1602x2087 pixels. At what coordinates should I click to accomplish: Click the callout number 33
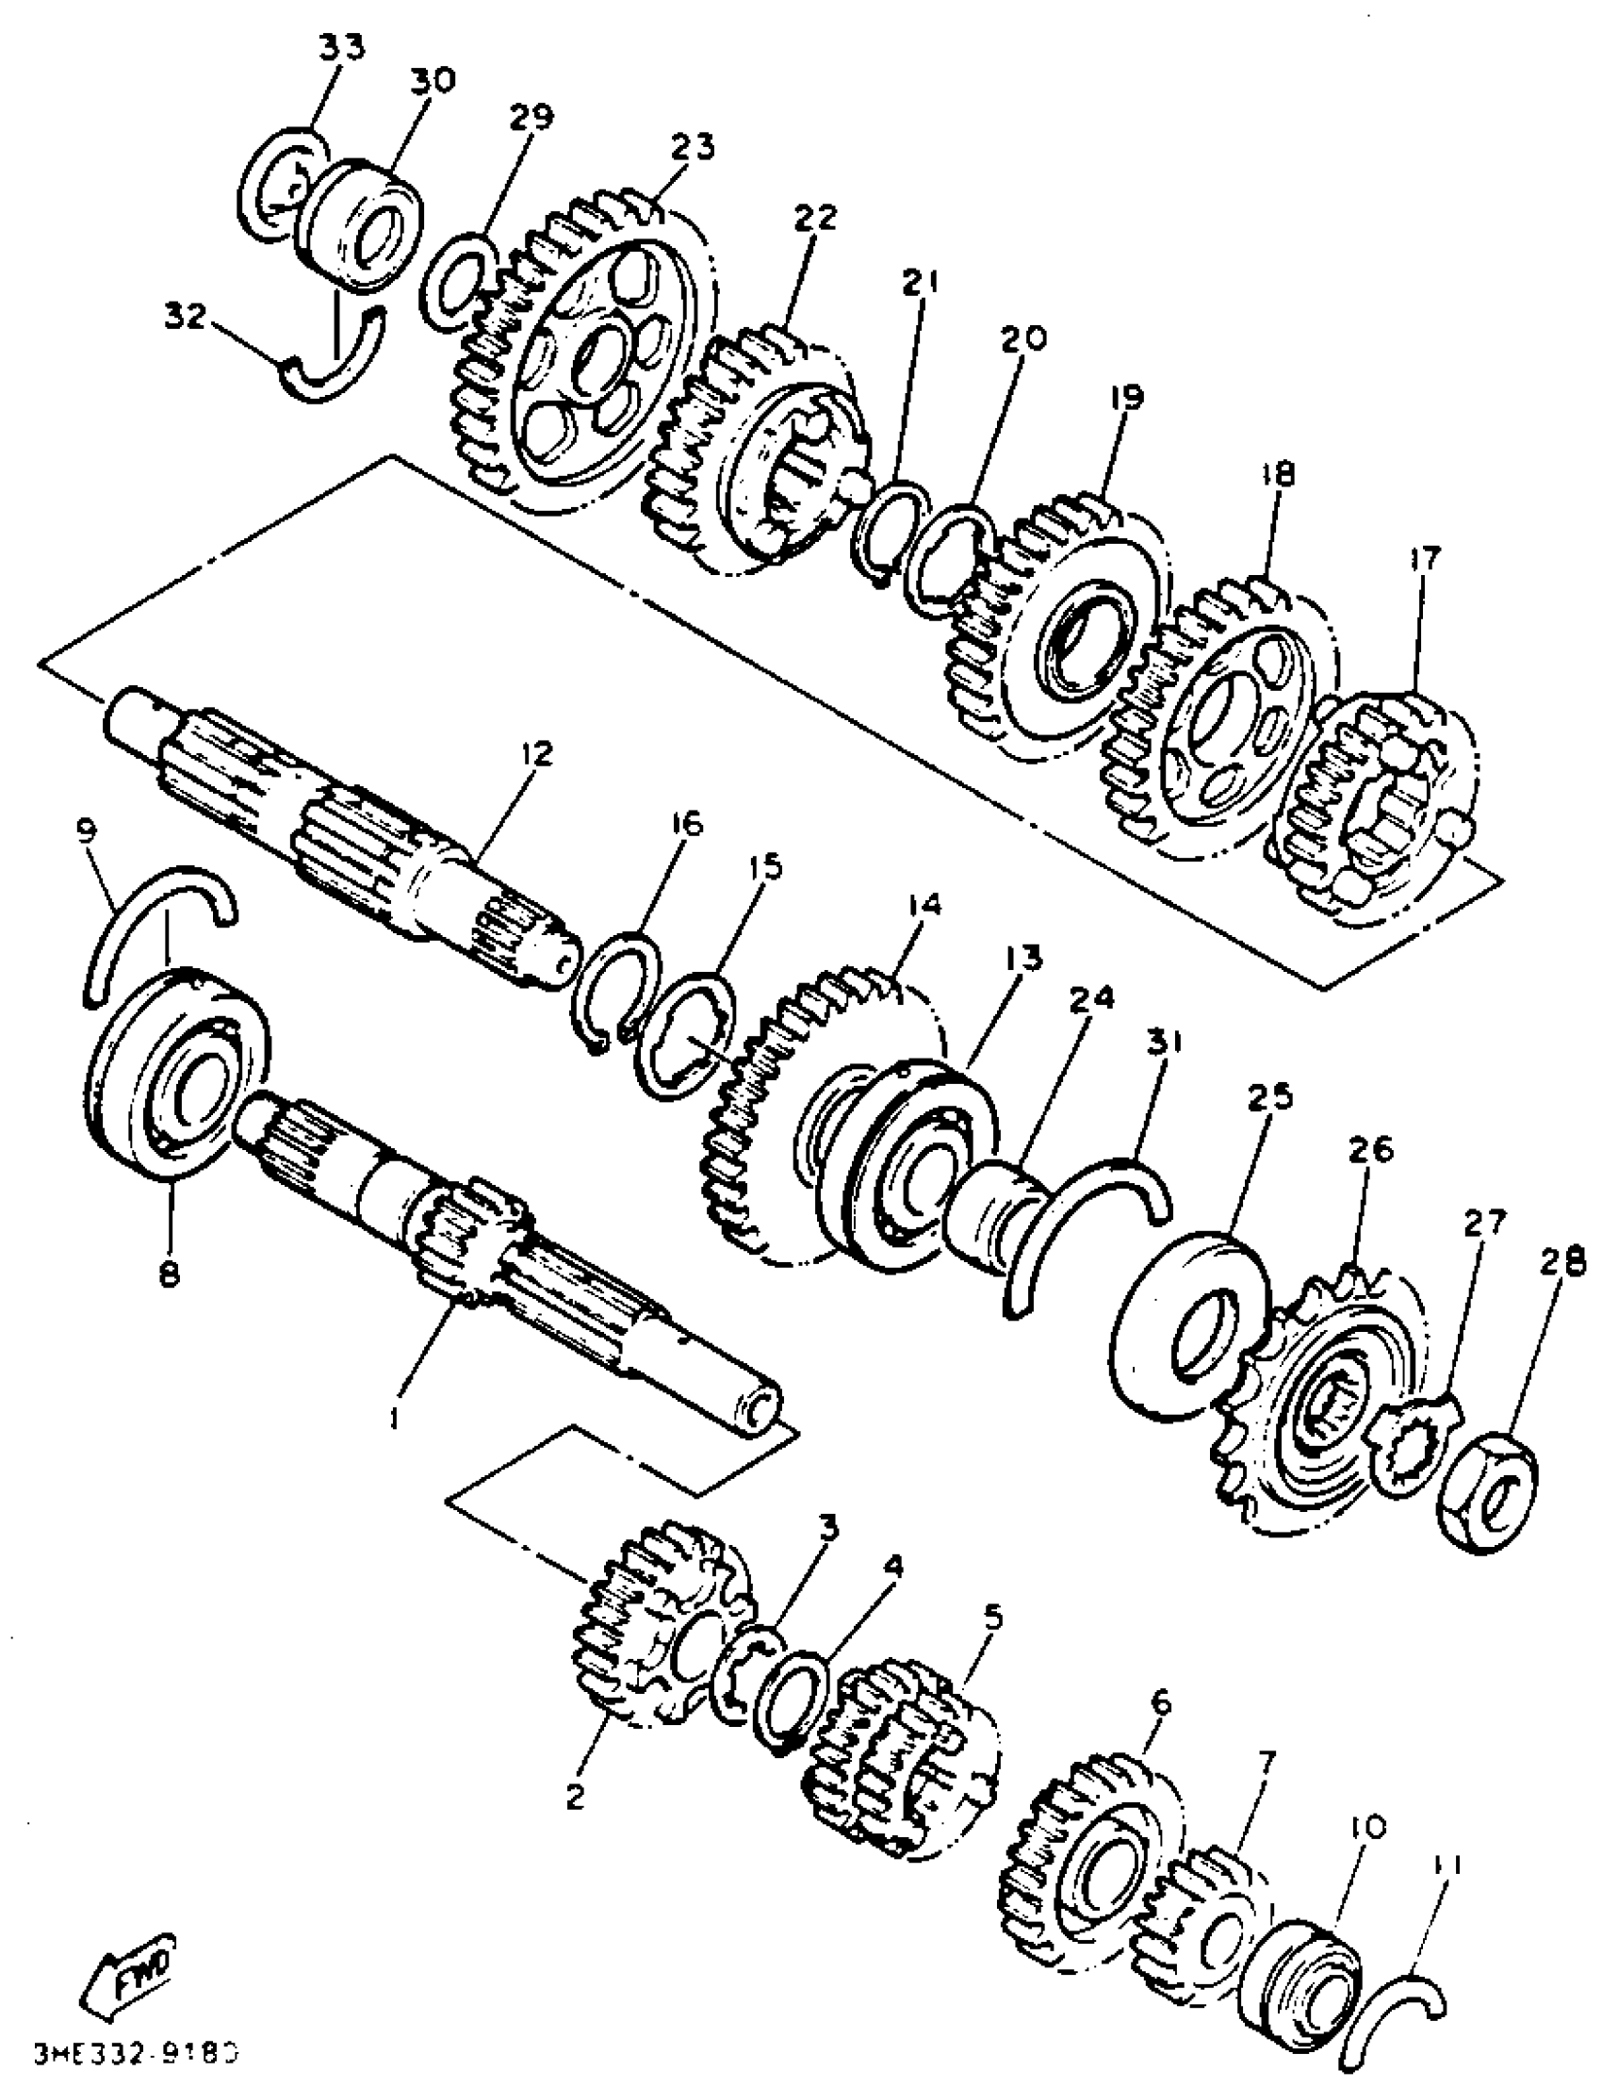(339, 49)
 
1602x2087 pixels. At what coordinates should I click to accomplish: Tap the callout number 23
(692, 148)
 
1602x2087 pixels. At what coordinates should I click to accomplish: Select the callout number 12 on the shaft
(537, 754)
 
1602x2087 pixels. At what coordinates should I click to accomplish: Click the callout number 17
(1428, 557)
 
